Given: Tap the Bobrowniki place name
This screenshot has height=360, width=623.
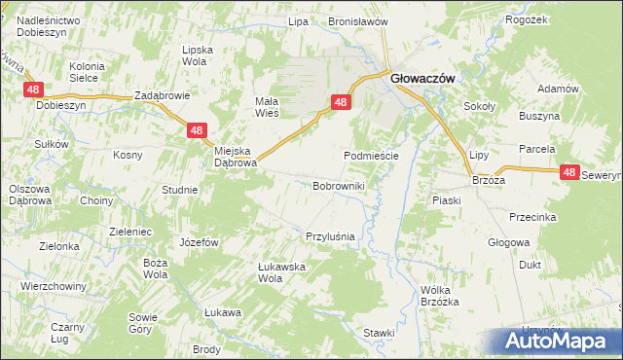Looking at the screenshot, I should (339, 185).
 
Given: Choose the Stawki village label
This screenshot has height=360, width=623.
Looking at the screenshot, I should (380, 332).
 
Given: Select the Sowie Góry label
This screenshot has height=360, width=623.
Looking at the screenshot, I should (140, 323).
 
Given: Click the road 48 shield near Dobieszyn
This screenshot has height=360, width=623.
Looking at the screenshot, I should (34, 90).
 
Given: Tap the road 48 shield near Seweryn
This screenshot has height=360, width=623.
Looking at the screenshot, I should (571, 172).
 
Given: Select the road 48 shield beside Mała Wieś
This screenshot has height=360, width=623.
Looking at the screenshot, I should (340, 101).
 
